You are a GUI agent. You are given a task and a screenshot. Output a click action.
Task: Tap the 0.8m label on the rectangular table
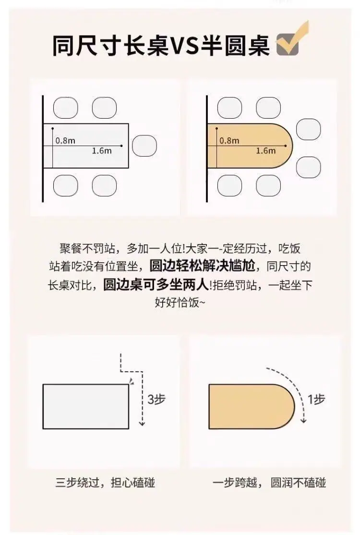pyautogui.click(x=65, y=141)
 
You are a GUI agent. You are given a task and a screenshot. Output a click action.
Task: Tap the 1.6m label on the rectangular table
pyautogui.click(x=102, y=151)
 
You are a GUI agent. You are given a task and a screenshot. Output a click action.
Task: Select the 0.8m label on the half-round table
pyautogui.click(x=229, y=141)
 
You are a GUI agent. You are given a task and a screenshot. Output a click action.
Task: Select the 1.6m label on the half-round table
pyautogui.click(x=265, y=151)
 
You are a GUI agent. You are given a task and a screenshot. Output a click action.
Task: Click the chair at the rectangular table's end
pyautogui.click(x=144, y=146)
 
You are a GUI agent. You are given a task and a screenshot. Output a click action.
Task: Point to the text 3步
pyautogui.click(x=156, y=399)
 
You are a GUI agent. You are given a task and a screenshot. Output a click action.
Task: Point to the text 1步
pyautogui.click(x=316, y=399)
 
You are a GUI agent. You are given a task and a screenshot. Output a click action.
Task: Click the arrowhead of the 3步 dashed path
pyautogui.click(x=142, y=424)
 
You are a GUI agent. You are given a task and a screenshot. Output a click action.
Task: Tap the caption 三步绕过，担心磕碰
pyautogui.click(x=105, y=483)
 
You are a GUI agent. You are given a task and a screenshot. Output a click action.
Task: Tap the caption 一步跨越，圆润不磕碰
pyautogui.click(x=269, y=483)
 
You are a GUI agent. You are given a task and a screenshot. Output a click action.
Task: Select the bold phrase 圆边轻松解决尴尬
pyautogui.click(x=203, y=266)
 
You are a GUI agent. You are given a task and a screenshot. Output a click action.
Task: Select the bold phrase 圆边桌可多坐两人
pyautogui.click(x=156, y=285)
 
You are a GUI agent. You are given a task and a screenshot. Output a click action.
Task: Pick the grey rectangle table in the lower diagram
pyautogui.click(x=85, y=406)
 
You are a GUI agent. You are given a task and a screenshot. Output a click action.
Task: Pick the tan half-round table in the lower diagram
pyautogui.click(x=251, y=406)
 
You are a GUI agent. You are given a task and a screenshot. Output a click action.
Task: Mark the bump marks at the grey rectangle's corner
pyautogui.click(x=131, y=381)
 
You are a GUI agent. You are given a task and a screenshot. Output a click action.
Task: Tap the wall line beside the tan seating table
pyautogui.click(x=207, y=149)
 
